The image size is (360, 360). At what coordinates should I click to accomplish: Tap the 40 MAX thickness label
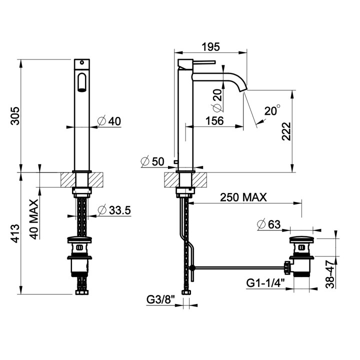click(34, 219)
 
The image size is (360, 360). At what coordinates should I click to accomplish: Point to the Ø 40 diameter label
click(109, 121)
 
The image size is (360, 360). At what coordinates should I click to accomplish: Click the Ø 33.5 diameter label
click(114, 210)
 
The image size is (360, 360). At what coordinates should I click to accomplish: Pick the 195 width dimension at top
click(210, 47)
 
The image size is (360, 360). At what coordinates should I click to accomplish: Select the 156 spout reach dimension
click(214, 121)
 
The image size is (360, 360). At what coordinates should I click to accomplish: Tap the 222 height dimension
click(286, 131)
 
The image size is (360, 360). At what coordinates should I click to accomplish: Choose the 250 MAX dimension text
click(243, 197)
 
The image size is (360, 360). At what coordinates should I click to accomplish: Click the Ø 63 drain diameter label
click(269, 224)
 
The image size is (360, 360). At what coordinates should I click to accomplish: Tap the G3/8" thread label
click(160, 300)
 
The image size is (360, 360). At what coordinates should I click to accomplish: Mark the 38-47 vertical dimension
click(330, 274)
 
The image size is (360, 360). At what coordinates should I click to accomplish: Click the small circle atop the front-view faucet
click(81, 62)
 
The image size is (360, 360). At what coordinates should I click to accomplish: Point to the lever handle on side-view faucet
click(204, 62)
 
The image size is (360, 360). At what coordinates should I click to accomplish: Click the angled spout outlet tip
click(243, 90)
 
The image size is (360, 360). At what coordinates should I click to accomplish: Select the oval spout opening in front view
click(81, 82)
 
